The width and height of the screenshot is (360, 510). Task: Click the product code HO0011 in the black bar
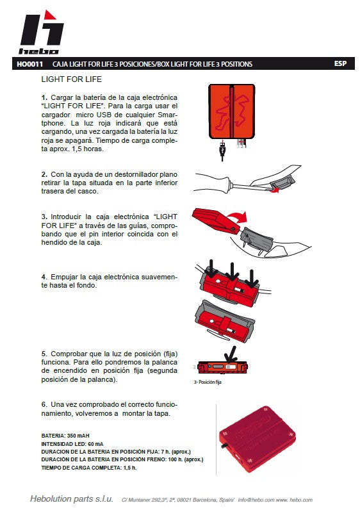pyautogui.click(x=29, y=64)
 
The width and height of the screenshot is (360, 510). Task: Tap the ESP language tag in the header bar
pyautogui.click(x=340, y=63)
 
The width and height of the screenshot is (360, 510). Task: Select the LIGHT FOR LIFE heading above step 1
pyautogui.click(x=72, y=79)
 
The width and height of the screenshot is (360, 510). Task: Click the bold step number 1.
pyautogui.click(x=44, y=97)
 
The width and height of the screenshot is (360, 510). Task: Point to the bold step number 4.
pyautogui.click(x=44, y=277)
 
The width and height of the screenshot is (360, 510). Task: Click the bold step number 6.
pyautogui.click(x=44, y=405)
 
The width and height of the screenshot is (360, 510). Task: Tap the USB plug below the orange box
pyautogui.click(x=222, y=151)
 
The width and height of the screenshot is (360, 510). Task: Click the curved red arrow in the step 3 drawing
pyautogui.click(x=237, y=217)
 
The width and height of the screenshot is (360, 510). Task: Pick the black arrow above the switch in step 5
pyautogui.click(x=231, y=354)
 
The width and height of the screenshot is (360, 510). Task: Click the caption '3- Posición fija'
pyautogui.click(x=208, y=382)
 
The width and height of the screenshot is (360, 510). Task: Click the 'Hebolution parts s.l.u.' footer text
pyautogui.click(x=72, y=498)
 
